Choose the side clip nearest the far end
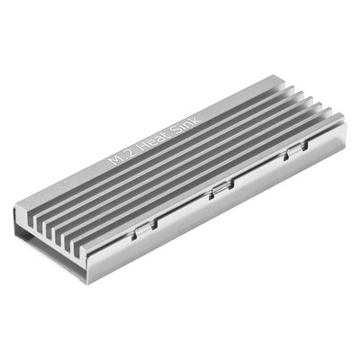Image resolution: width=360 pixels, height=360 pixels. point(295,150)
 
